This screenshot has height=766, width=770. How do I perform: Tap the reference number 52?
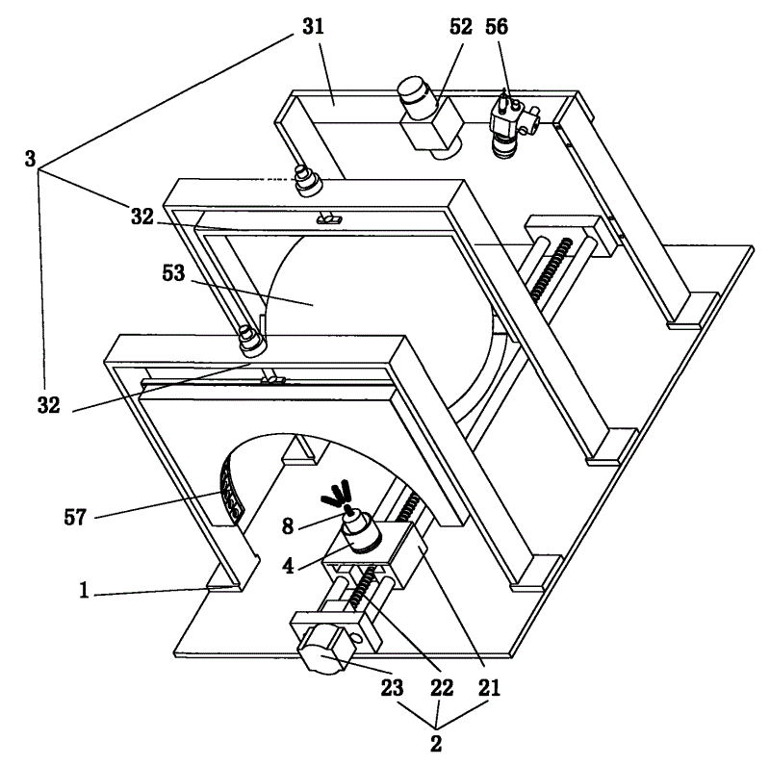(461, 27)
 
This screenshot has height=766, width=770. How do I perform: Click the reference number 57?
(74, 518)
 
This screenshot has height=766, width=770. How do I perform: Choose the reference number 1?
(86, 593)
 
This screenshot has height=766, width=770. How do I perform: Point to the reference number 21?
(490, 689)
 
